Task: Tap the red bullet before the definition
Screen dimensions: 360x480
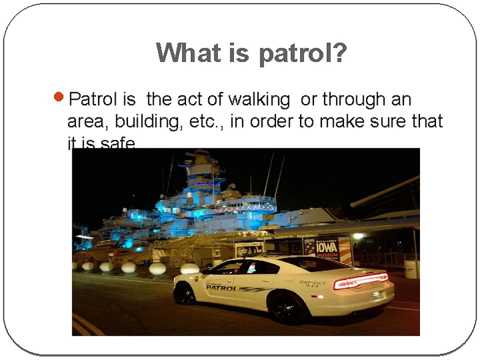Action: (x=58, y=96)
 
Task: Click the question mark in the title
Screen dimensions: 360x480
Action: (x=338, y=53)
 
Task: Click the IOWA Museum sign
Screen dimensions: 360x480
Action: (x=327, y=248)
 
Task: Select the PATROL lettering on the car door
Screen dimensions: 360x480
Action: (x=220, y=288)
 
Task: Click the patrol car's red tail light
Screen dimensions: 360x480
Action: (x=360, y=281)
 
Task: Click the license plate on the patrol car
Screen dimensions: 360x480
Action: (x=377, y=295)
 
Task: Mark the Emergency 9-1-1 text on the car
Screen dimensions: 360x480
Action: (x=312, y=284)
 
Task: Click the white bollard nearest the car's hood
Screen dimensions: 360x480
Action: (x=190, y=268)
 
